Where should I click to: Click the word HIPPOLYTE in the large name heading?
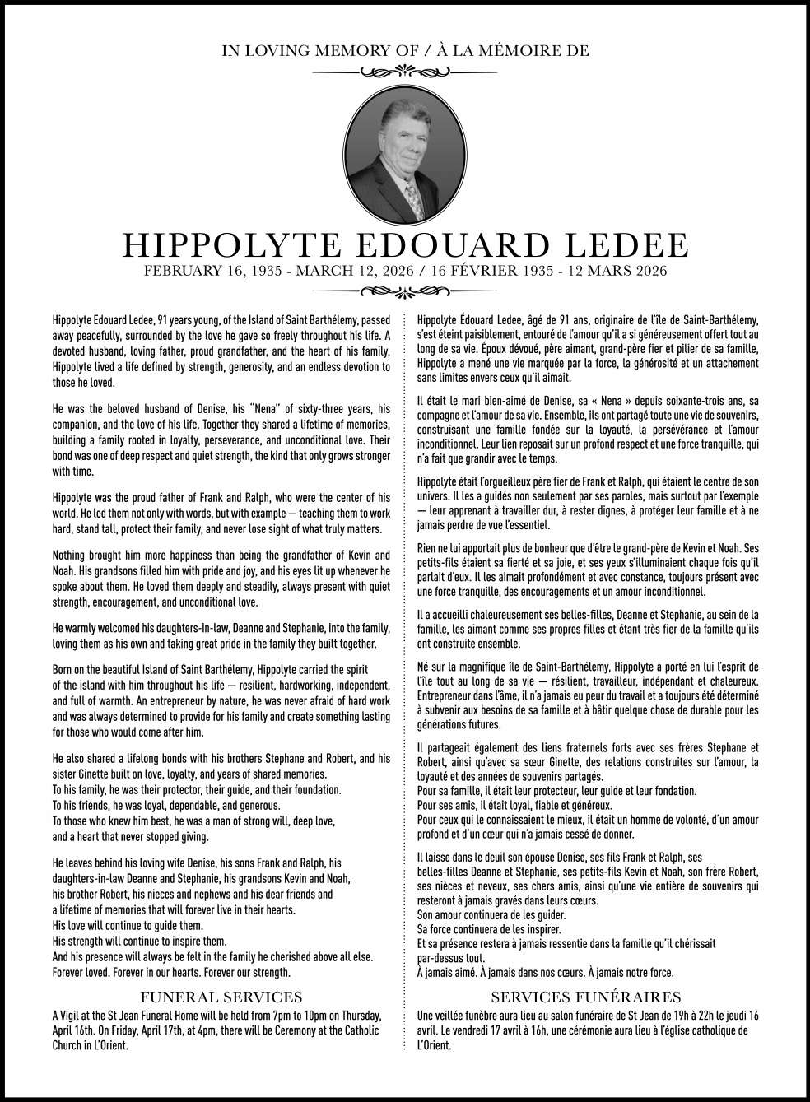coord(219,244)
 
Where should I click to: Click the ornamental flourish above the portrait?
coord(404,72)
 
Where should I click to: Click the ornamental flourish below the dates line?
coord(404,291)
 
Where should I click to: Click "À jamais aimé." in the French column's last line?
coord(448,972)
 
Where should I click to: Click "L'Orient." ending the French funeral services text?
coord(435,1046)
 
